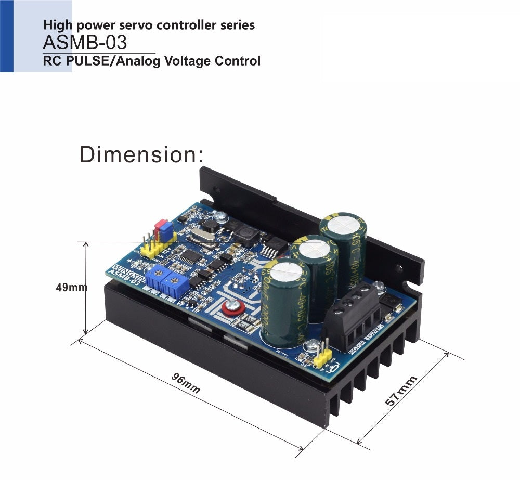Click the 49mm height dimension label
coord(72,287)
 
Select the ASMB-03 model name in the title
coord(85,42)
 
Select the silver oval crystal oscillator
coord(199,238)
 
